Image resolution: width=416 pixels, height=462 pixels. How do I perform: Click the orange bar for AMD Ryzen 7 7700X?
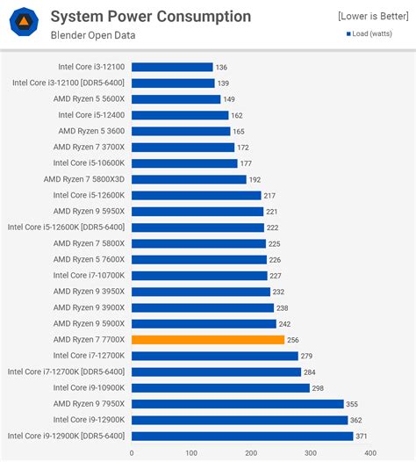click(x=207, y=339)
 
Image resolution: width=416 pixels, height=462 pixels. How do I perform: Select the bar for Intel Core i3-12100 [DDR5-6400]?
click(x=173, y=83)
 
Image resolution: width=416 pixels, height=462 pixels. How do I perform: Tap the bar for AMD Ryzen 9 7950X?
click(x=237, y=403)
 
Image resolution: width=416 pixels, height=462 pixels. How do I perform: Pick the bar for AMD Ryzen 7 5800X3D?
click(x=189, y=179)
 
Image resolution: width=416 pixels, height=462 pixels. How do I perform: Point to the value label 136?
click(x=221, y=67)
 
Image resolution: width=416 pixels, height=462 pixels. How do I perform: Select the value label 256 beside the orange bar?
click(x=294, y=339)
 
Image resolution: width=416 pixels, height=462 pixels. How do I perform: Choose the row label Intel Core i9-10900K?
click(x=89, y=387)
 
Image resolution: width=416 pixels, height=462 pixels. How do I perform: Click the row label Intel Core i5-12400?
click(x=91, y=115)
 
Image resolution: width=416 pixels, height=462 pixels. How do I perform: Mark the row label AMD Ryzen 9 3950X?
click(x=89, y=291)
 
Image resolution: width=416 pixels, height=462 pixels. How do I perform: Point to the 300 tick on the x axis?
click(x=311, y=453)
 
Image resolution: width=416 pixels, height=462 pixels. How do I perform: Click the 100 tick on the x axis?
click(x=191, y=453)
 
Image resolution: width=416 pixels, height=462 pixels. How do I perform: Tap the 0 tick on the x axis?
click(x=132, y=453)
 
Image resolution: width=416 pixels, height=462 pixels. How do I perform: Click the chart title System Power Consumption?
click(x=150, y=17)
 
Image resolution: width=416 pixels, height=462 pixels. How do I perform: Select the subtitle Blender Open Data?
click(x=93, y=35)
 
